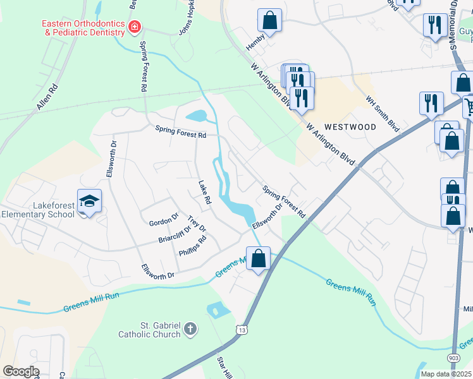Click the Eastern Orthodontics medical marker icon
[x=134, y=27]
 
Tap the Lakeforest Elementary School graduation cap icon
[x=90, y=201]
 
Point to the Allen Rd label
[x=47, y=97]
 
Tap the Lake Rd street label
[x=204, y=192]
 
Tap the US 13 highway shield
[x=241, y=330]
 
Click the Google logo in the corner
[x=21, y=371]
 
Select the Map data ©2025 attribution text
[x=446, y=374]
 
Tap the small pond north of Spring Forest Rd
[x=196, y=116]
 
